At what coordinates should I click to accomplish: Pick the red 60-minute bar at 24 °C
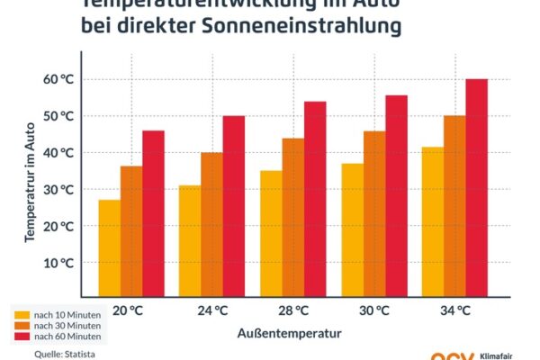click(234, 206)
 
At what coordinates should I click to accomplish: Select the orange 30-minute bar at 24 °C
click(212, 225)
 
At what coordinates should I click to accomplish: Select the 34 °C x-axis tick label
click(456, 311)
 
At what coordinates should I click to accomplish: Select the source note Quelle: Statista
click(64, 354)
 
